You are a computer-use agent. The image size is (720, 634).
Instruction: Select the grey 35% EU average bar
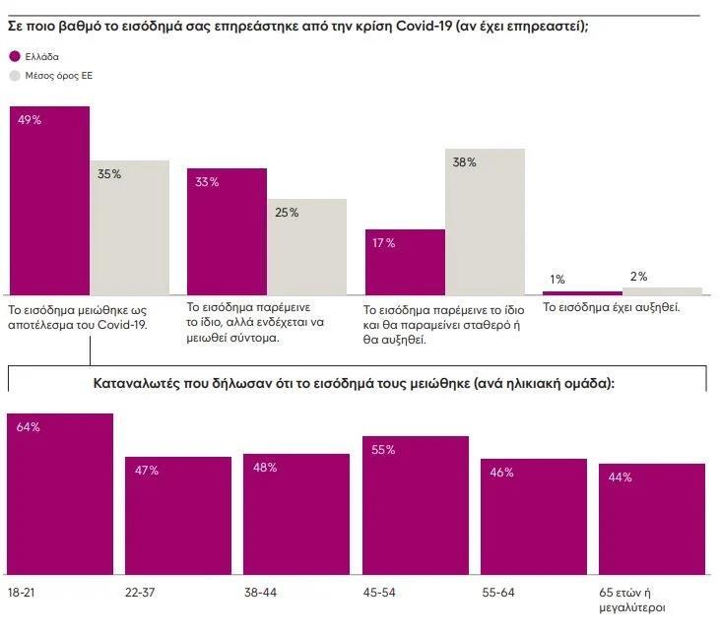pyautogui.click(x=129, y=227)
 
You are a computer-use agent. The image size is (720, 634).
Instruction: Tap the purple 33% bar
pyautogui.click(x=227, y=231)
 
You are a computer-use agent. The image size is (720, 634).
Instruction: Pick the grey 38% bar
pyautogui.click(x=485, y=222)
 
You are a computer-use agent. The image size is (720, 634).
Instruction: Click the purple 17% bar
pyautogui.click(x=404, y=262)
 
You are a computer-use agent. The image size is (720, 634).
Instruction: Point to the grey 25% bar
pyautogui.click(x=306, y=246)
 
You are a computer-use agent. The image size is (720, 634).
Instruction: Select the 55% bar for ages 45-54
pyautogui.click(x=415, y=505)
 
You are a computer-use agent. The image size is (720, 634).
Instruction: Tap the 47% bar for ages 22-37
pyautogui.click(x=177, y=515)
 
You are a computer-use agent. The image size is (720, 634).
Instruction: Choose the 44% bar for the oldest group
pyautogui.click(x=652, y=519)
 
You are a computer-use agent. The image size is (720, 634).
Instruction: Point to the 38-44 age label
pyautogui.click(x=261, y=595)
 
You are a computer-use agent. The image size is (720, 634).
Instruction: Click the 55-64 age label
pyautogui.click(x=498, y=595)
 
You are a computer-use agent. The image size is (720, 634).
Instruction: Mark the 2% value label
pyautogui.click(x=639, y=277)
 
